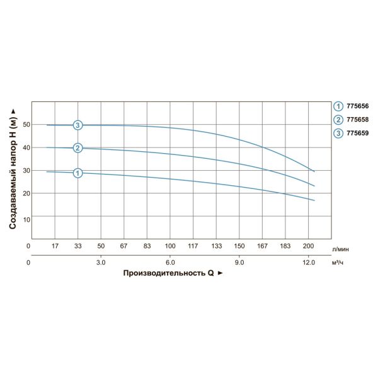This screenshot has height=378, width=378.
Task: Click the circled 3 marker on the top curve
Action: click(x=77, y=125)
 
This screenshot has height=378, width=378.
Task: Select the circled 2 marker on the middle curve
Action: click(x=77, y=148)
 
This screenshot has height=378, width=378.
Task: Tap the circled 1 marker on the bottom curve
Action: click(x=77, y=173)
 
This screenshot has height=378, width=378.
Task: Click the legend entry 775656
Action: click(x=356, y=106)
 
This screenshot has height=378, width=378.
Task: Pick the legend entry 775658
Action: click(x=356, y=120)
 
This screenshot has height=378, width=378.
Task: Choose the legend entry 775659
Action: click(x=356, y=133)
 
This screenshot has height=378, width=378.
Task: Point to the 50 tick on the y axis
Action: click(x=26, y=125)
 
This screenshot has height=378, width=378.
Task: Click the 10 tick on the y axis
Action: click(x=26, y=219)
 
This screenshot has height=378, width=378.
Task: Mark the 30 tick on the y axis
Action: click(x=26, y=171)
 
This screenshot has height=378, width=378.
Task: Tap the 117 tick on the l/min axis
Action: click(x=193, y=245)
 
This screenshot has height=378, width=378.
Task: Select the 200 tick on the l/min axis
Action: click(x=309, y=245)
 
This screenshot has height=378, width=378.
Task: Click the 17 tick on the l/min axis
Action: click(x=54, y=245)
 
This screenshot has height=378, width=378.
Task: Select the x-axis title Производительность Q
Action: click(x=172, y=274)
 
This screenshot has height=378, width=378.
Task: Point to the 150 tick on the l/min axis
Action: click(x=239, y=245)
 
